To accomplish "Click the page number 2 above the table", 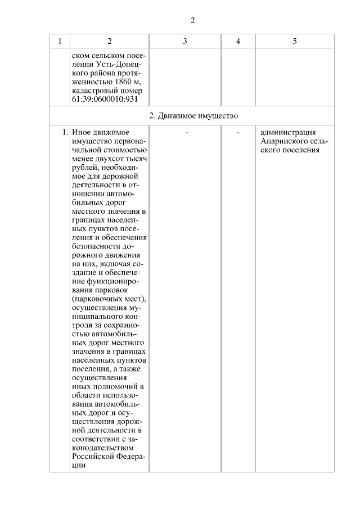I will [x=192, y=21].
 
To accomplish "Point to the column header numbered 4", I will [x=238, y=41].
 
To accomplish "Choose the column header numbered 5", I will [x=295, y=41].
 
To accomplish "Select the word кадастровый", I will [x=94, y=91].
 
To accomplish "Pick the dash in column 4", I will [x=238, y=133].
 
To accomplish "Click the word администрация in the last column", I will [x=288, y=133].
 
